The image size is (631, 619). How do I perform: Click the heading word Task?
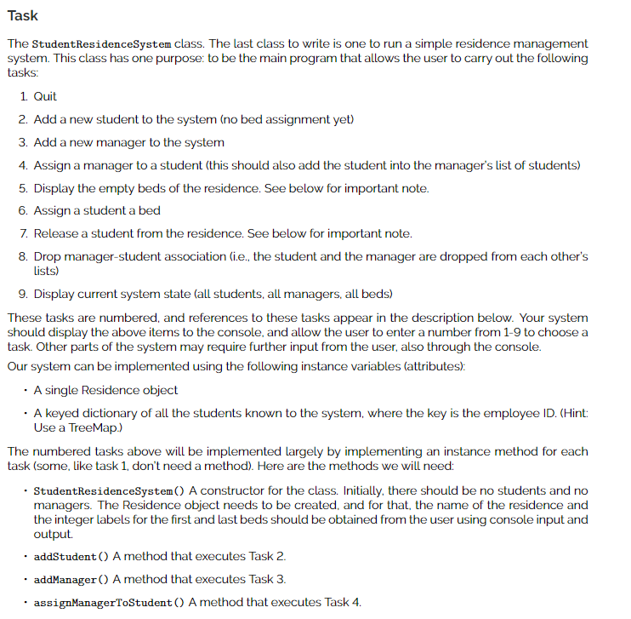[x=23, y=15]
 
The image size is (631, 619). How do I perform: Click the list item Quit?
[x=45, y=96]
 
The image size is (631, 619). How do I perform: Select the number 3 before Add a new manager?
[x=23, y=142]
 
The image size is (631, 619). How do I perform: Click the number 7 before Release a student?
[x=23, y=233]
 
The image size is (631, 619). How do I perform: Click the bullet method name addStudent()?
[x=71, y=556]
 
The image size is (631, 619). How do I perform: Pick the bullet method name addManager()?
[x=71, y=579]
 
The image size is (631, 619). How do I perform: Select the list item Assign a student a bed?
[x=97, y=210]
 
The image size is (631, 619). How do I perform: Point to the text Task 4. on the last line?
[x=343, y=602]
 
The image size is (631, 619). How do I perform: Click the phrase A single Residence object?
[x=105, y=390]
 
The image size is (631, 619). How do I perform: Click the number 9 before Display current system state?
[x=23, y=294]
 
